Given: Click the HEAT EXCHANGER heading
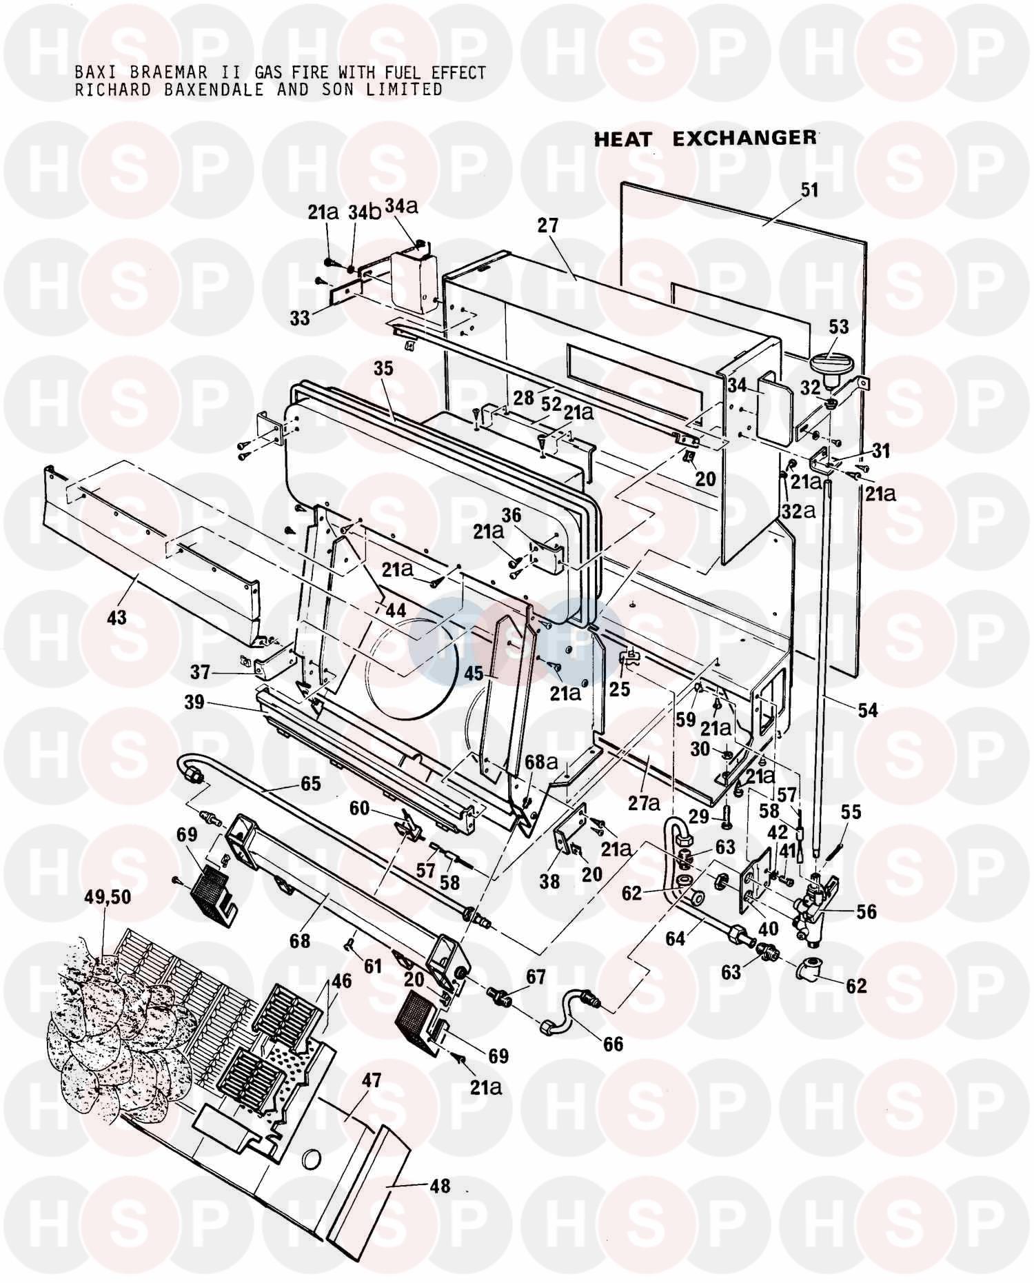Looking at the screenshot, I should coord(704,139).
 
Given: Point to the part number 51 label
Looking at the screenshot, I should coord(809,190).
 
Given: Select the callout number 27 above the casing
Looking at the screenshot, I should coord(549,225).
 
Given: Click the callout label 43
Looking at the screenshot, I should coord(116,616).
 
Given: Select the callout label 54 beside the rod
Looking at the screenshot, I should coord(867,709).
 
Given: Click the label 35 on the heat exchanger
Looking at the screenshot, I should coord(383,368).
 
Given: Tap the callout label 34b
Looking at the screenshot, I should coord(364,213).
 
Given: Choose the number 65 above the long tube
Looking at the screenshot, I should coord(311,784).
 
